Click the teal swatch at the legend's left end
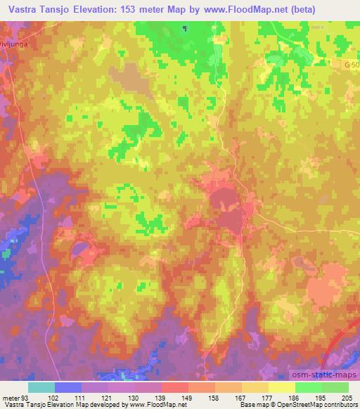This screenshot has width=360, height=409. pyautogui.click(x=41, y=387)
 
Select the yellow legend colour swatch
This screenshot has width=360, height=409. pyautogui.click(x=281, y=387)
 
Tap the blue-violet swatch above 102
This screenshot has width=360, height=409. pyautogui.click(x=68, y=387)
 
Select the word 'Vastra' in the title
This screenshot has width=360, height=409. pyautogui.click(x=17, y=9)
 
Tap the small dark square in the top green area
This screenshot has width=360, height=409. pyautogui.click(x=184, y=29)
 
